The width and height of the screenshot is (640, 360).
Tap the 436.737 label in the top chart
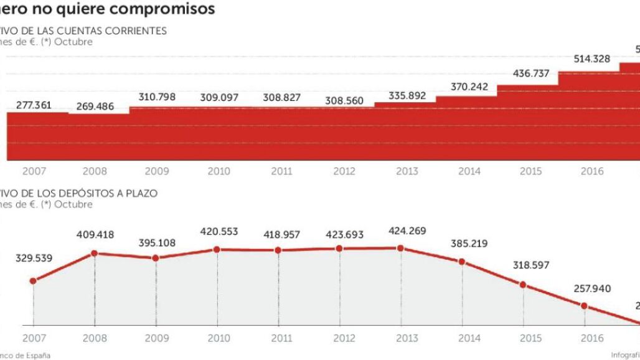click(x=529, y=73)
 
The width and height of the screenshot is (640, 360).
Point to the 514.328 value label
click(x=590, y=59)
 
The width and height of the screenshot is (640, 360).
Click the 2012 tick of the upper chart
click(x=344, y=171)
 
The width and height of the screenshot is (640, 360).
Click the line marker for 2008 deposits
click(x=94, y=253)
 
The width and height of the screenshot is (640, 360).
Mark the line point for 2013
click(x=400, y=249)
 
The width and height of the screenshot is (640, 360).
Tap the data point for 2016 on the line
click(x=584, y=305)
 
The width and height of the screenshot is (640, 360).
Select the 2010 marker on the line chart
click(x=217, y=249)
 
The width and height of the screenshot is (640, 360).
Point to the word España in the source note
click(x=37, y=355)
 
